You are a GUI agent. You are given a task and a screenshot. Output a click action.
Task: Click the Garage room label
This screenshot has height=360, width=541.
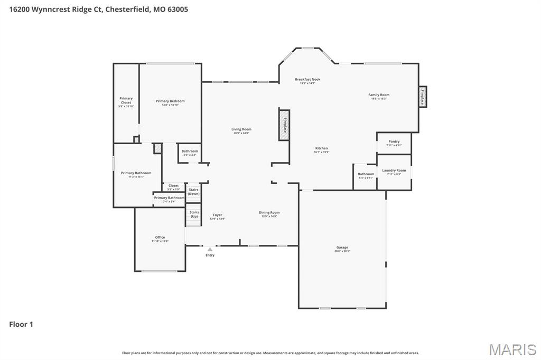pyautogui.click(x=342, y=248)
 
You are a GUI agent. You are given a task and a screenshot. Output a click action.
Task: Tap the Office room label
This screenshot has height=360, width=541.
pyautogui.click(x=160, y=238)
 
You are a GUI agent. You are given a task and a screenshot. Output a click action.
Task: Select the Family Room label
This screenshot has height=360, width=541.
pyautogui.click(x=379, y=96)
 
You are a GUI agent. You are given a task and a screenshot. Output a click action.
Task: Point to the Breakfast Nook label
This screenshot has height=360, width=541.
pyautogui.click(x=307, y=80)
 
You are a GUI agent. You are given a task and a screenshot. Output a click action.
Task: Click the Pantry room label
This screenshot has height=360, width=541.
pyautogui.click(x=394, y=142)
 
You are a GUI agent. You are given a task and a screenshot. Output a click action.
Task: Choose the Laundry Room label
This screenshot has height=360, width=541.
pyautogui.click(x=394, y=171)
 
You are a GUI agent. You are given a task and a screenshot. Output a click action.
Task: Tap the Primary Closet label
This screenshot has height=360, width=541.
pyautogui.click(x=126, y=101)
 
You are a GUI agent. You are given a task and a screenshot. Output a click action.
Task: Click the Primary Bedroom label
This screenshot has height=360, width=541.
pyautogui.click(x=170, y=101)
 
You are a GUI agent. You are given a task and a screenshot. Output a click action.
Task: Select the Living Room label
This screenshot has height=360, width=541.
pyautogui.click(x=241, y=130)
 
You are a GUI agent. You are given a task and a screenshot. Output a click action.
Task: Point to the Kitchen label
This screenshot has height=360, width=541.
pyautogui.click(x=321, y=149)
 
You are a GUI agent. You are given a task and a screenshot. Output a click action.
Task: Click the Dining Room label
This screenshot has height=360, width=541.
pyautogui.click(x=269, y=213)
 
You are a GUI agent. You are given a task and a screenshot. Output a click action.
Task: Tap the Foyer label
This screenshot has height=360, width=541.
pyautogui.click(x=218, y=215)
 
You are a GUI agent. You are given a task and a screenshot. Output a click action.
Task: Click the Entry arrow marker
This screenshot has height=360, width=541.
pyautogui.click(x=210, y=249)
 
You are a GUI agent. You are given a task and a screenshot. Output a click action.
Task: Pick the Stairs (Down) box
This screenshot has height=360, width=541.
pyautogui.click(x=194, y=192)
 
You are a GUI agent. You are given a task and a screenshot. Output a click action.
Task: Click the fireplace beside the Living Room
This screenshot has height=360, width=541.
pyautogui.click(x=284, y=125)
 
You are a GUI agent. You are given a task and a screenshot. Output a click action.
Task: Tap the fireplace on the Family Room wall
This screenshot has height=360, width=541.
pyautogui.click(x=422, y=96)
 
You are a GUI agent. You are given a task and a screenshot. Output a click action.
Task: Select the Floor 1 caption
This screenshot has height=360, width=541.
pyautogui.click(x=21, y=325)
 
